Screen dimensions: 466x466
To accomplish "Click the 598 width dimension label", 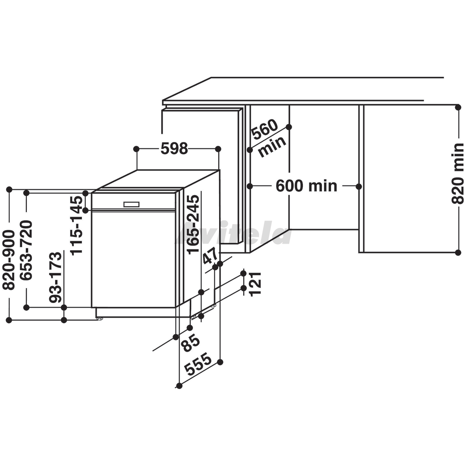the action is point(174,148).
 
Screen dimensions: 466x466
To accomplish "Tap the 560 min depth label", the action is point(268,138).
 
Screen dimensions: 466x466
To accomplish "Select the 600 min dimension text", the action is point(306,186).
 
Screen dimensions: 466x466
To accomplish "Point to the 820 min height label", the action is point(457,173).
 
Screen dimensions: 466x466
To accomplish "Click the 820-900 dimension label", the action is point(9,260).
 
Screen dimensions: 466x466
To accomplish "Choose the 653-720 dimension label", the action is point(26,250).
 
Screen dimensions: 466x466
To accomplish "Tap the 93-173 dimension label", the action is point(56,277).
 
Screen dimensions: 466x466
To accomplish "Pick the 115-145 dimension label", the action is point(77,225).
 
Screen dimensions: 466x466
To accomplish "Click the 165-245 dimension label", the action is point(193,224).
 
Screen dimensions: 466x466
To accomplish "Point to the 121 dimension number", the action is point(255,284).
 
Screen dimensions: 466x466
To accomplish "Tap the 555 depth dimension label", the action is point(198,364).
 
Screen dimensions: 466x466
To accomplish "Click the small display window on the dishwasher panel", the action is point(131,205).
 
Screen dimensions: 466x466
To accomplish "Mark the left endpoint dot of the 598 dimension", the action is point(136,148).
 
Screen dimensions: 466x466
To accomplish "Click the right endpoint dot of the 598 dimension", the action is point(218,148).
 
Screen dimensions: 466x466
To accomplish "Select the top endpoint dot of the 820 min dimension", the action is point(458,107).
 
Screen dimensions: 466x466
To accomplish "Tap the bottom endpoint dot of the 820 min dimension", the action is point(458,252).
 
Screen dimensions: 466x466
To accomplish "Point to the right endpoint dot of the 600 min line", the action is point(359,187).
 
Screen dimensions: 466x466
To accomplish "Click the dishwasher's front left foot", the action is point(99,318).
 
